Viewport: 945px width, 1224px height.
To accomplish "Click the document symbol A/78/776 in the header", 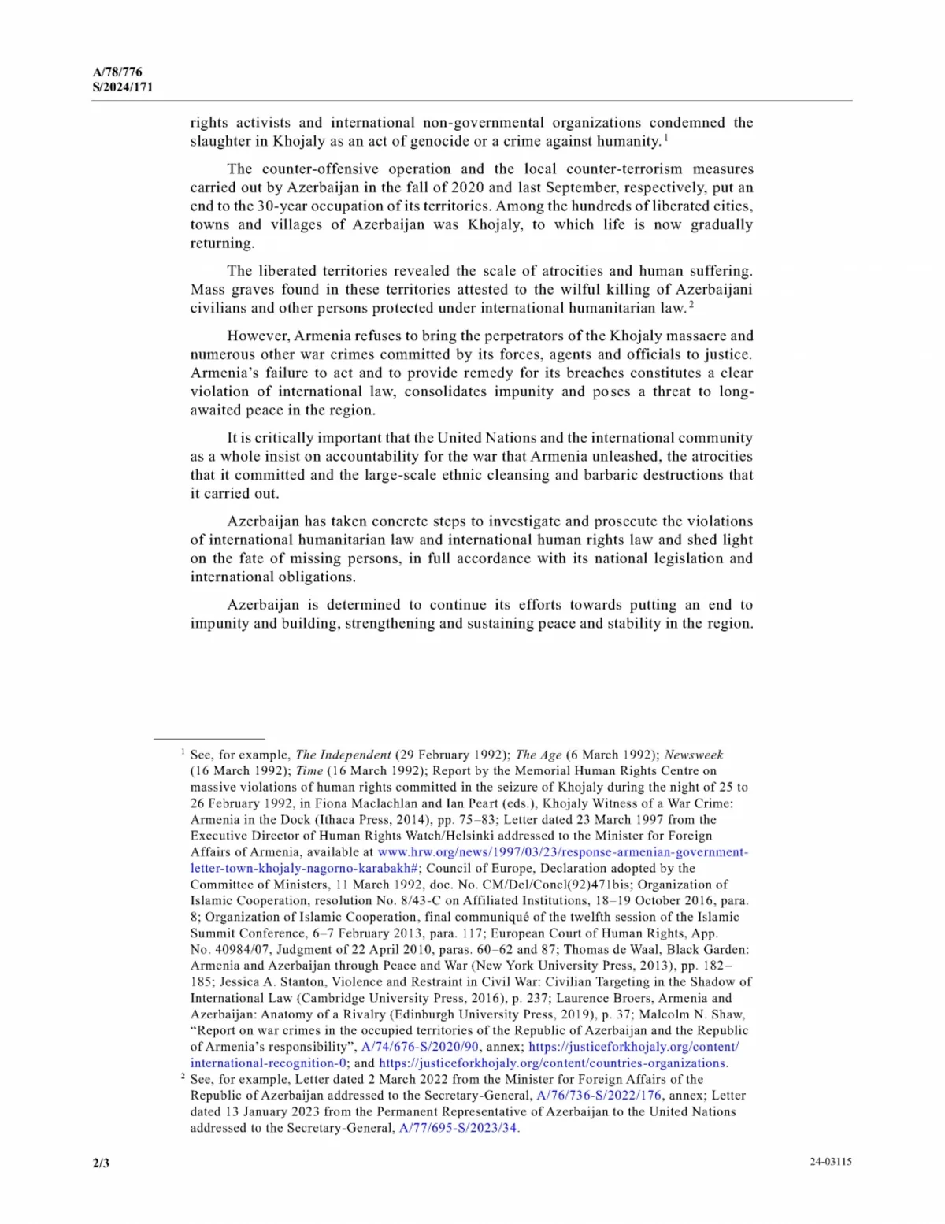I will tap(117, 72).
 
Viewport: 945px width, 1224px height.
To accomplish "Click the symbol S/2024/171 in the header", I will tap(123, 87).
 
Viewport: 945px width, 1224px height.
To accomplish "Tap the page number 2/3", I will tap(101, 1163).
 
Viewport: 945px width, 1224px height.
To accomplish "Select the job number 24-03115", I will tap(830, 1162).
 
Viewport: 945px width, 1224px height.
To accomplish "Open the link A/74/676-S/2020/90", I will tap(420, 1047).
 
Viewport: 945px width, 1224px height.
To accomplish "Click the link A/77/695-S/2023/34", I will tap(458, 1128).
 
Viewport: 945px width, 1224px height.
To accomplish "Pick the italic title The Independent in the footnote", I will tap(343, 755).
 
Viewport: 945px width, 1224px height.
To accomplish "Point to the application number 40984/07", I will tap(240, 950).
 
